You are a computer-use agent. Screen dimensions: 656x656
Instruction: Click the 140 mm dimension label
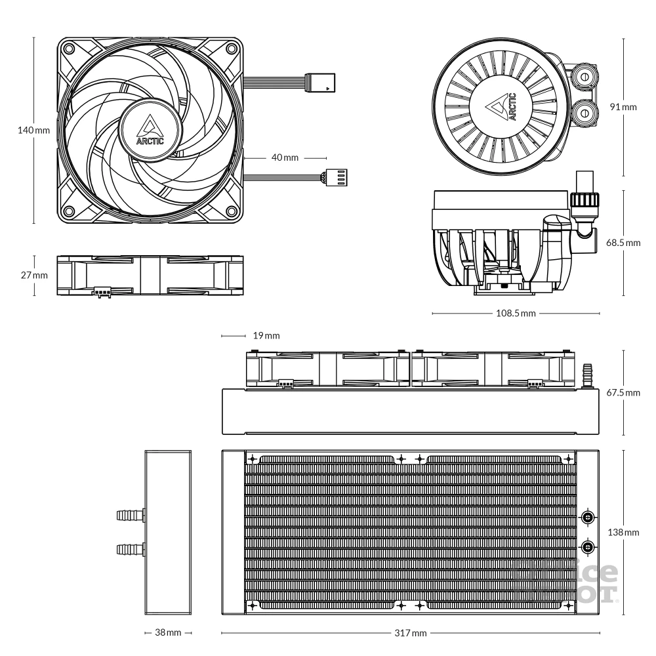33,130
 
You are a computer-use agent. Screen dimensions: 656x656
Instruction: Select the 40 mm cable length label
284,158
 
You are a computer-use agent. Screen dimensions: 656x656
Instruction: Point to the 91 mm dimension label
623,106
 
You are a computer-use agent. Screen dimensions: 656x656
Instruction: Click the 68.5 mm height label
623,243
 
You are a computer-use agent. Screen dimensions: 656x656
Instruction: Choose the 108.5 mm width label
515,314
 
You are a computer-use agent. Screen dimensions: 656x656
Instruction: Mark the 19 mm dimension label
266,336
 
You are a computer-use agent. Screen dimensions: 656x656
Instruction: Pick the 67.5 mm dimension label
623,392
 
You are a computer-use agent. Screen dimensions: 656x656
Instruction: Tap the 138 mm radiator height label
623,532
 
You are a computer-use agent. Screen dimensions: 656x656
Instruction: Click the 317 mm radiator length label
411,634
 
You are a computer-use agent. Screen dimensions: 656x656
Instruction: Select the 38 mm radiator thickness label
167,634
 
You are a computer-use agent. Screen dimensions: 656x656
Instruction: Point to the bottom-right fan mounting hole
232,211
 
